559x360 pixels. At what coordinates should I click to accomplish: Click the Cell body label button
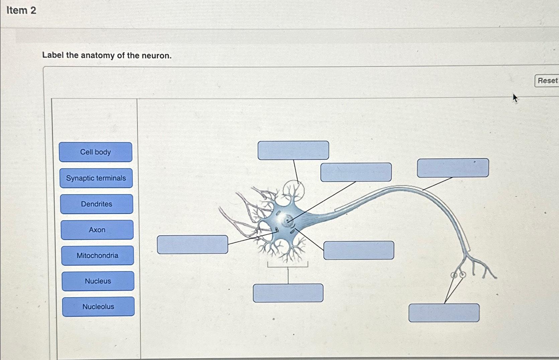pyautogui.click(x=95, y=152)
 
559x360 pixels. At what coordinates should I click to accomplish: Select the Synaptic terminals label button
pyautogui.click(x=96, y=178)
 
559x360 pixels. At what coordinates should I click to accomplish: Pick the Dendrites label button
pyautogui.click(x=96, y=204)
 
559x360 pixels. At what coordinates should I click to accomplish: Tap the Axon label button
pyautogui.click(x=97, y=230)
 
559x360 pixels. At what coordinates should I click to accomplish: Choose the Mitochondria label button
pyautogui.click(x=97, y=255)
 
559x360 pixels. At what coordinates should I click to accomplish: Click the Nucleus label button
pyautogui.click(x=98, y=281)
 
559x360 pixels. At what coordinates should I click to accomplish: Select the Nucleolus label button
pyautogui.click(x=98, y=307)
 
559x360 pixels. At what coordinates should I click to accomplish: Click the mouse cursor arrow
pyautogui.click(x=515, y=98)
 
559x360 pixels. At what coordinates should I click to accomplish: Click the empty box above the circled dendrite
pyautogui.click(x=293, y=150)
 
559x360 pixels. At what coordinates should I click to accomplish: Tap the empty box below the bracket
pyautogui.click(x=288, y=293)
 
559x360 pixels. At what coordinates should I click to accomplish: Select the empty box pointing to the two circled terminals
pyautogui.click(x=444, y=313)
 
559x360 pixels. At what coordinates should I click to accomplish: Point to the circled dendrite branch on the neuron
pyautogui.click(x=293, y=192)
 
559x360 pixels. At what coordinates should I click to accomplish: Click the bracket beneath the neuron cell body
pyautogui.click(x=288, y=265)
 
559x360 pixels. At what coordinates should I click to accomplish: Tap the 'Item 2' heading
pyautogui.click(x=21, y=10)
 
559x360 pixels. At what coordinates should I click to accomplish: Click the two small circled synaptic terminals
pyautogui.click(x=458, y=275)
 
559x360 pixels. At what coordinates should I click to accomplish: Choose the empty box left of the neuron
pyautogui.click(x=192, y=244)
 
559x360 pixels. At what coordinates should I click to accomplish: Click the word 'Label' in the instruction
pyautogui.click(x=53, y=55)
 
